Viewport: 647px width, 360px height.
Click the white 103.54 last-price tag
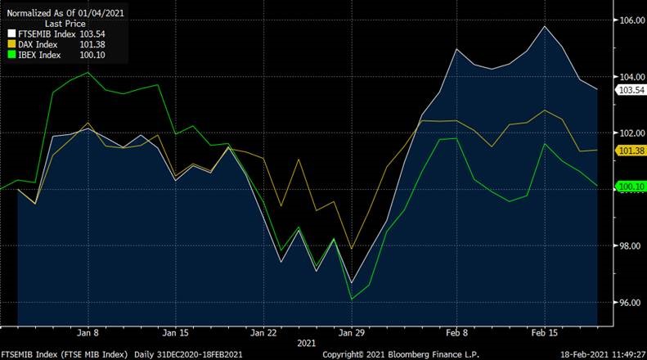click(631, 89)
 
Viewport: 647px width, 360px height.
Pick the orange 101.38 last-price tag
click(631, 151)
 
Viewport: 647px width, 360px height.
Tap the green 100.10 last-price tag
click(631, 187)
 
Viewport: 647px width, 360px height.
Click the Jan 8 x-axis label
click(88, 333)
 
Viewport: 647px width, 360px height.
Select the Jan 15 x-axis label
click(176, 333)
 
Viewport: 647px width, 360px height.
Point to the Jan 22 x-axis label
click(263, 333)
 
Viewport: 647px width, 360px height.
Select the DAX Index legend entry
click(38, 44)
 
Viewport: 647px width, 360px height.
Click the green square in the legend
click(11, 55)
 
